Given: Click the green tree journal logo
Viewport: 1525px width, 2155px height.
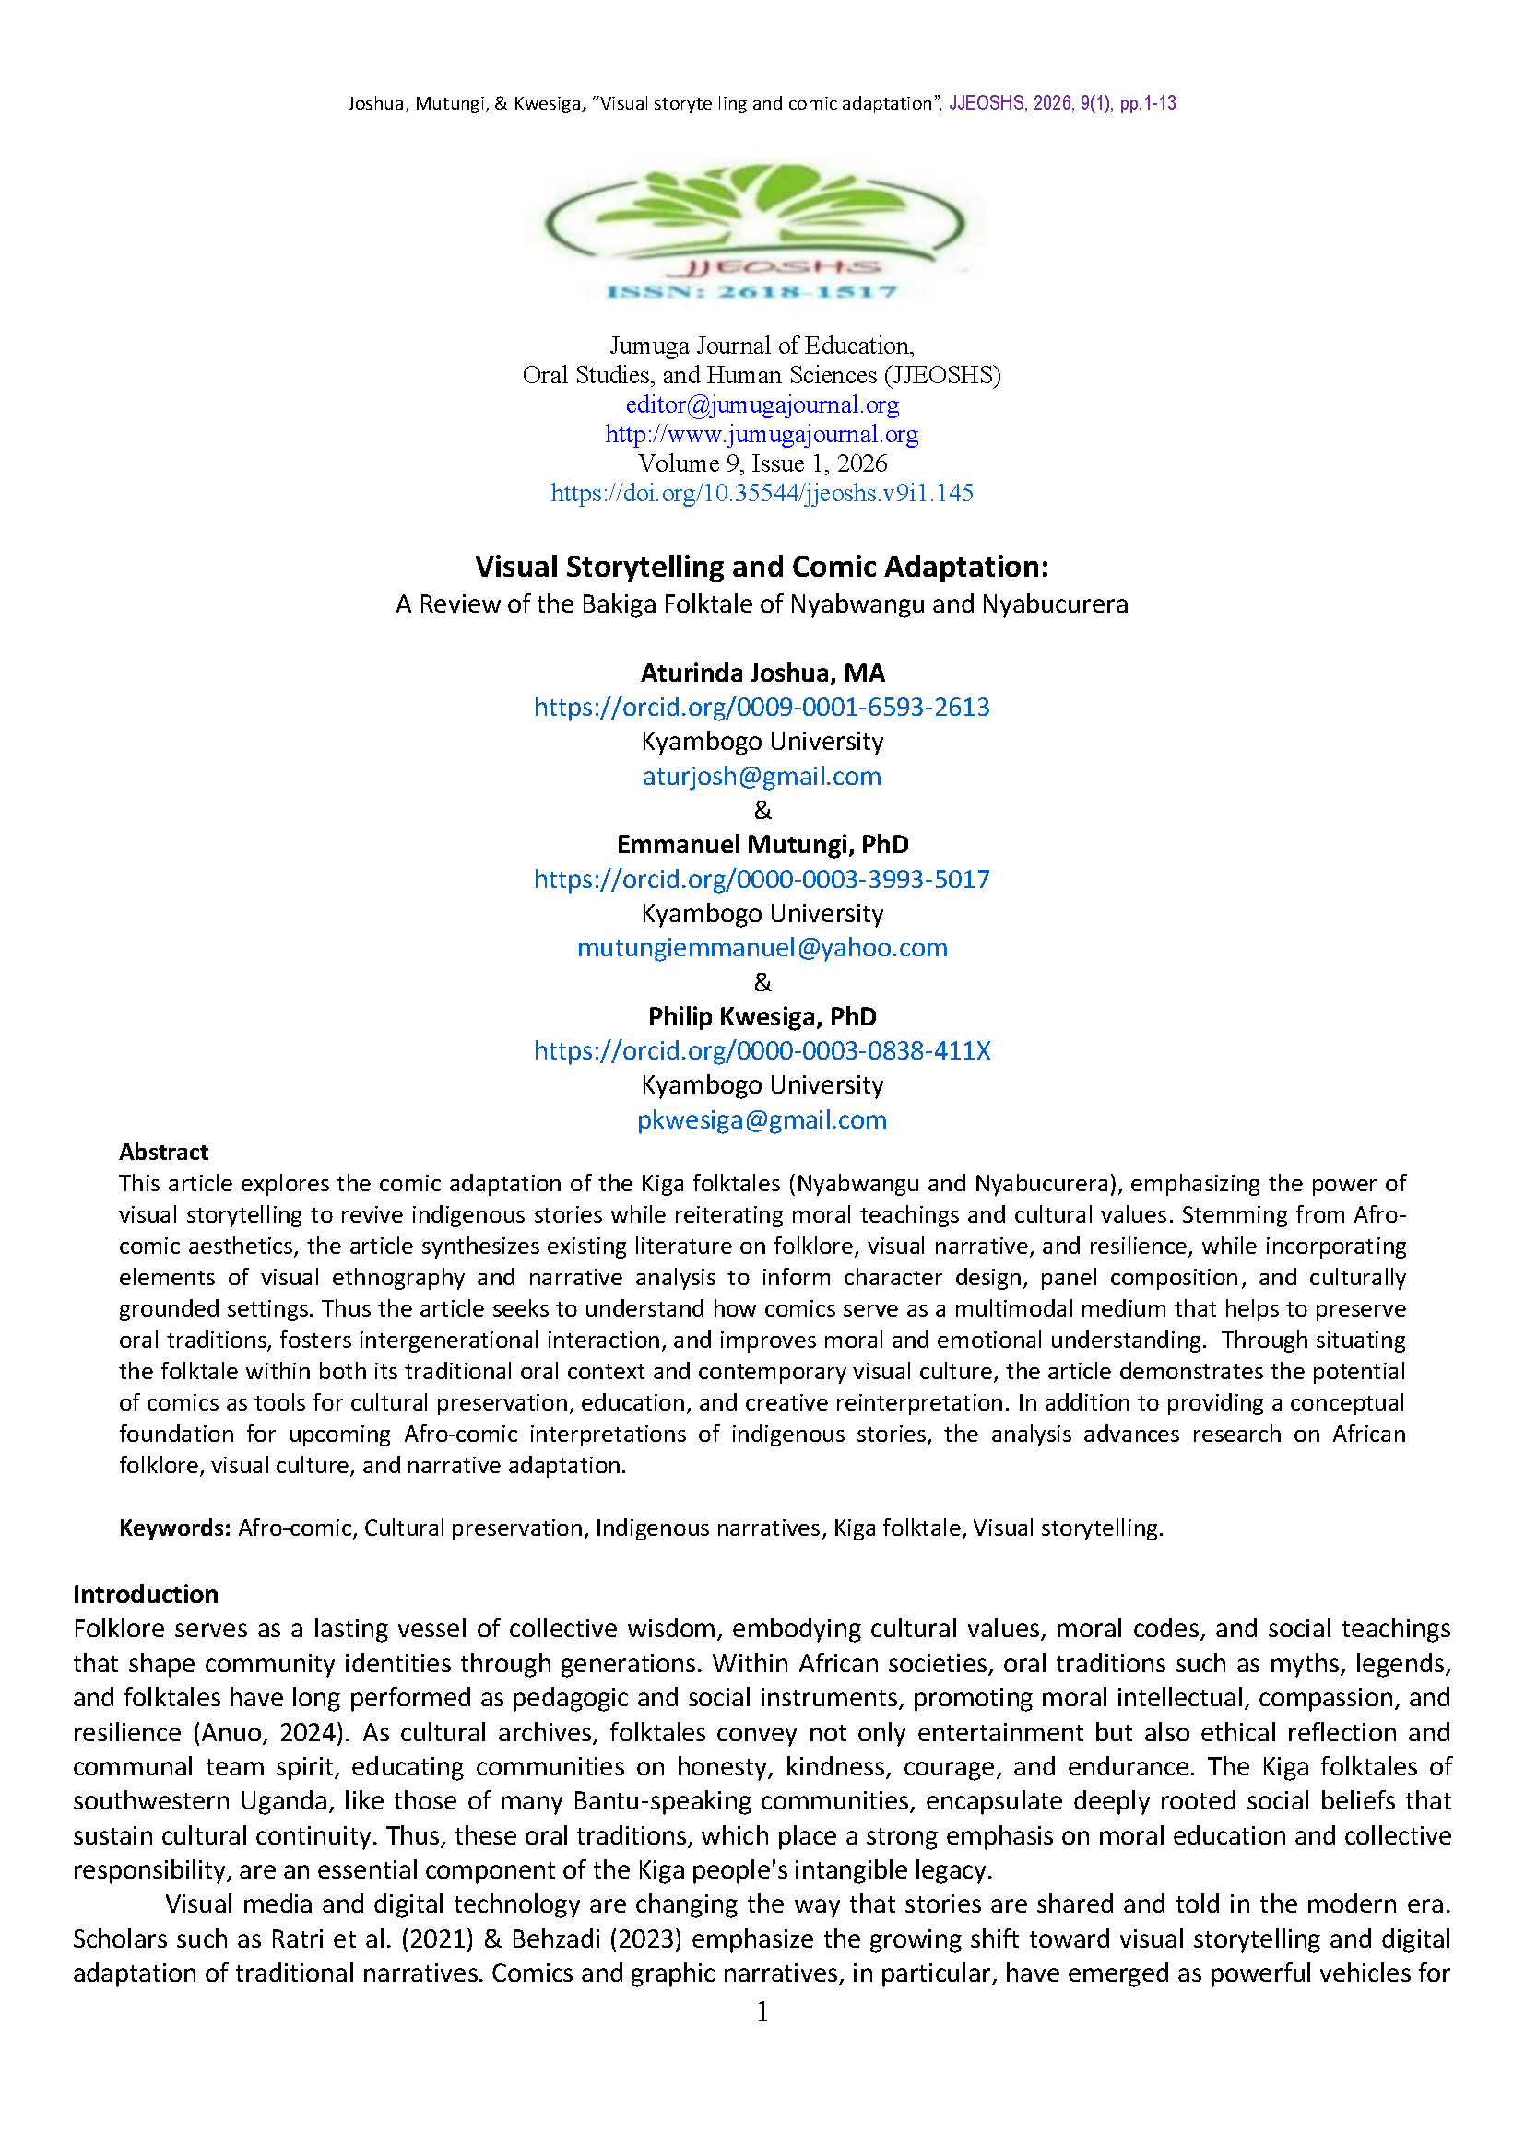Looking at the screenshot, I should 756,230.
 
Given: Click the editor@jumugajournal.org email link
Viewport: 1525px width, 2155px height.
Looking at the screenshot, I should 762,404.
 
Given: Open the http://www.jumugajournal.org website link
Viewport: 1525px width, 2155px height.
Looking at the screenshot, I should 762,434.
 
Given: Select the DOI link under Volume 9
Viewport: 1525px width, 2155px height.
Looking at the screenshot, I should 762,493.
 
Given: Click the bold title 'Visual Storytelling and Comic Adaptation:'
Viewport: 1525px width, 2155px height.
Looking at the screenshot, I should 762,567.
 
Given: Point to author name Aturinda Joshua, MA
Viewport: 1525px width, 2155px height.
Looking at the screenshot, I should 762,673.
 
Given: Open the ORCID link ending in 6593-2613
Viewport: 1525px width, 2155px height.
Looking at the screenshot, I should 762,707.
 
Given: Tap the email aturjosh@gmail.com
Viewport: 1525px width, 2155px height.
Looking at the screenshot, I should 762,776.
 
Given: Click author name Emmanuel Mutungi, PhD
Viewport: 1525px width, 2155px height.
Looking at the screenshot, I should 762,845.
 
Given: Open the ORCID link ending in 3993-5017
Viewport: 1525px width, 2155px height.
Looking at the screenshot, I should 762,880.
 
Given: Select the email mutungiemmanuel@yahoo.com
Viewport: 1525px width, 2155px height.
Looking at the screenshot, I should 762,948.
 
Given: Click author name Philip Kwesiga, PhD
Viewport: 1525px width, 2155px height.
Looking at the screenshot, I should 762,1016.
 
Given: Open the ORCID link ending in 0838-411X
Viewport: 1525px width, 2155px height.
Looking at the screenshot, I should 762,1050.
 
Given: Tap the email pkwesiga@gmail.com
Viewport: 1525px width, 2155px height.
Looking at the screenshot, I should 762,1119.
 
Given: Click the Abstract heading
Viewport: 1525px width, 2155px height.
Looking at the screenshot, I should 163,1152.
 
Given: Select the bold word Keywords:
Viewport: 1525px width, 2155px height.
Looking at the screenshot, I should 174,1528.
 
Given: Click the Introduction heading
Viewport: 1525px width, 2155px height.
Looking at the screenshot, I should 146,1594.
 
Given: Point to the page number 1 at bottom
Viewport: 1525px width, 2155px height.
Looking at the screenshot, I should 762,2011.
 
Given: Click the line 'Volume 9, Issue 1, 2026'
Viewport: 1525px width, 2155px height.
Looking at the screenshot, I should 762,463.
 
